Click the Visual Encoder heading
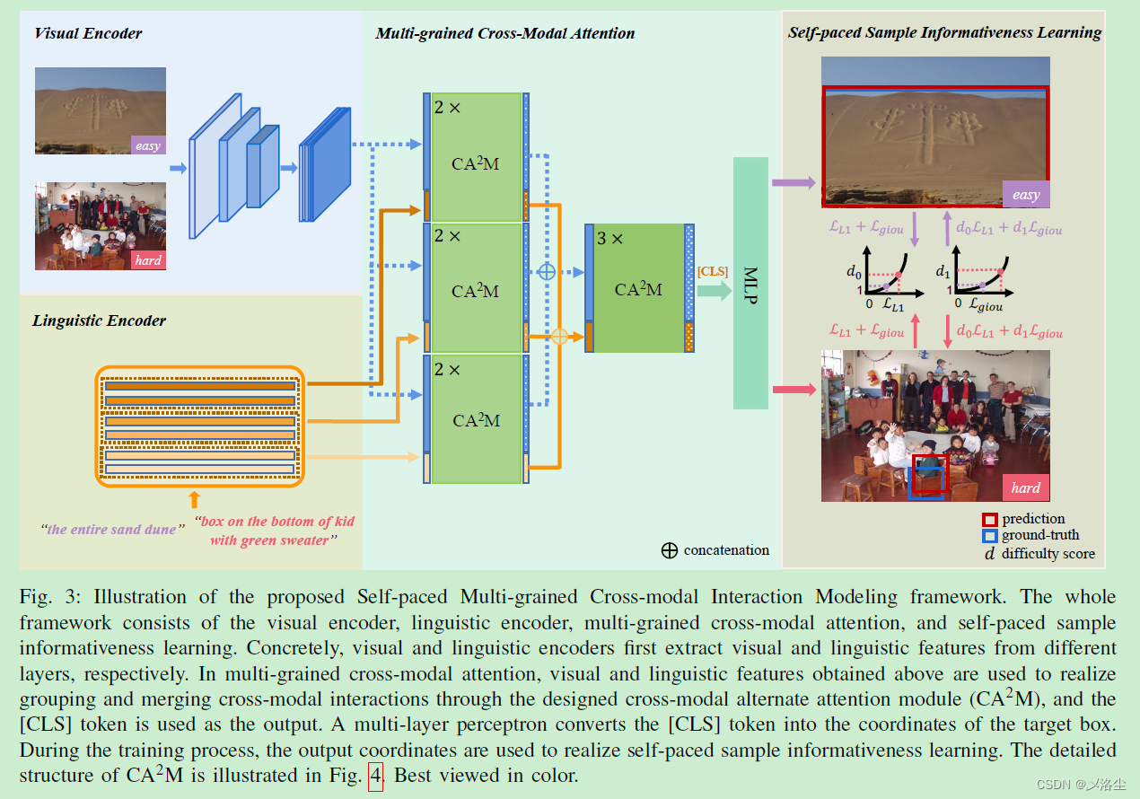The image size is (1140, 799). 88,34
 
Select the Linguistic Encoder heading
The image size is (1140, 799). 99,320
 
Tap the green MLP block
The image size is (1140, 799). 750,283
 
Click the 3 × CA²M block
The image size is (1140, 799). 638,287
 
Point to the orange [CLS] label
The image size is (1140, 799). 713,271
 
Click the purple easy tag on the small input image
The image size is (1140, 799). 148,145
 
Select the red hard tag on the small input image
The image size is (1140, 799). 148,259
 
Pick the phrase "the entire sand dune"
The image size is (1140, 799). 110,530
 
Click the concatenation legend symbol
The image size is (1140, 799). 669,550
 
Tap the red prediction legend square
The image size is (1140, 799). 989,520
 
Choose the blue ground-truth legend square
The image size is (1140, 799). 989,536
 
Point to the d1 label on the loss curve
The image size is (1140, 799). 942,269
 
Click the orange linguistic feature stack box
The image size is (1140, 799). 199,426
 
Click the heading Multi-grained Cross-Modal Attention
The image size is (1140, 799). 504,34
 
